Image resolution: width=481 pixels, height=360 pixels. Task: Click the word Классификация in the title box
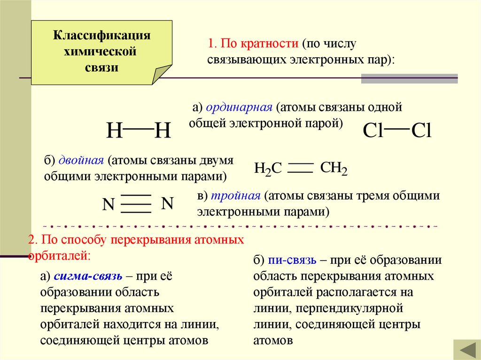click(101, 36)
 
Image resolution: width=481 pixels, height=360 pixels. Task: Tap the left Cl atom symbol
click(373, 131)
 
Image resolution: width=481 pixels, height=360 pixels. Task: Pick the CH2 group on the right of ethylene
click(334, 169)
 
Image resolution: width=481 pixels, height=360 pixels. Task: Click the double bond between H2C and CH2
click(300, 168)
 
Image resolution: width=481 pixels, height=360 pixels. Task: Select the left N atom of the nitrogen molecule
click(109, 205)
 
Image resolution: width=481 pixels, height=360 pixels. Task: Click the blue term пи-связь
click(292, 260)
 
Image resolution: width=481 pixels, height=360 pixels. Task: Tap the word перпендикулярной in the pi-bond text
click(355, 308)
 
